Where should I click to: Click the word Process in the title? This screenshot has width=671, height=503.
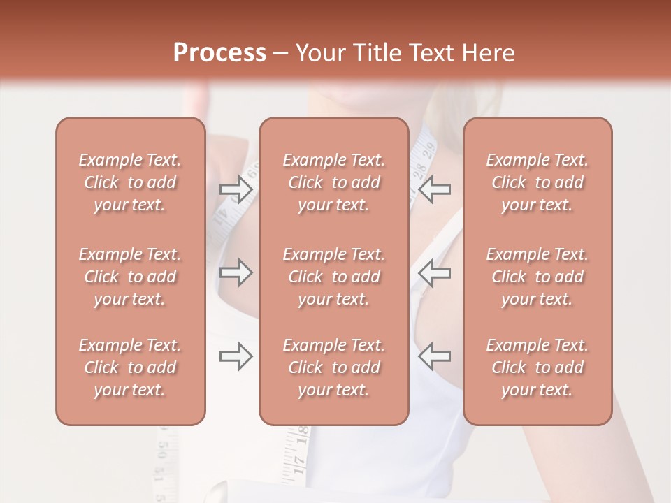[x=219, y=53]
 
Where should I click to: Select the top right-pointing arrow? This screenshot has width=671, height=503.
[x=236, y=189]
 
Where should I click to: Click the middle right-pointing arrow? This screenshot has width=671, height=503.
[x=236, y=272]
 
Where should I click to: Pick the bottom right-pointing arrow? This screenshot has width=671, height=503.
[x=236, y=356]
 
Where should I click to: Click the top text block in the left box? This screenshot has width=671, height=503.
[x=130, y=182]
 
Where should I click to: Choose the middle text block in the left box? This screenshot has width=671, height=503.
[x=130, y=277]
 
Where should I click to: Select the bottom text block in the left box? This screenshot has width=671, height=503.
[x=130, y=367]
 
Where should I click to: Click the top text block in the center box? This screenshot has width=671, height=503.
[x=334, y=182]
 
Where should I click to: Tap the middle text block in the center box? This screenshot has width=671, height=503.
[x=334, y=277]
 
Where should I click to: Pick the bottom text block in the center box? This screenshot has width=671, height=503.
[x=334, y=367]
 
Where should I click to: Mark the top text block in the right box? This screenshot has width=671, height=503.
[x=537, y=182]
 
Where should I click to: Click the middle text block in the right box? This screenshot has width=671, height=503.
[x=537, y=277]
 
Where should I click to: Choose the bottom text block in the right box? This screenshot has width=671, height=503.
[x=537, y=367]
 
